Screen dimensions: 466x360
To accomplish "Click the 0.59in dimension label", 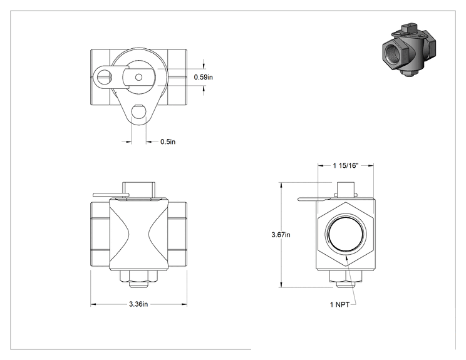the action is point(204,77).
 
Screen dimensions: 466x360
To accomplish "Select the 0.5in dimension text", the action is point(168,141).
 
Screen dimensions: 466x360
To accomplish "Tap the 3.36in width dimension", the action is point(138,304).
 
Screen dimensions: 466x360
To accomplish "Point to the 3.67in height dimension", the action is point(281,235).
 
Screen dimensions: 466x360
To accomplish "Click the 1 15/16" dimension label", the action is point(346,165).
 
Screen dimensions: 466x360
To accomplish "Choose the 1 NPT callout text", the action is point(339,304).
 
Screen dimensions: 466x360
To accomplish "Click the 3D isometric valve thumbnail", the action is point(409,49).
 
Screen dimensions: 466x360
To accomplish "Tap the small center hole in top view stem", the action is point(139,77).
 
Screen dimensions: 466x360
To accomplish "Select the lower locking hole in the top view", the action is point(138,111).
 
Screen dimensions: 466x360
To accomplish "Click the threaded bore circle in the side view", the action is point(346,234).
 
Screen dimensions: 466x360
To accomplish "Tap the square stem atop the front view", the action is point(139,190).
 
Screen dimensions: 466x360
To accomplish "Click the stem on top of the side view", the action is point(346,189).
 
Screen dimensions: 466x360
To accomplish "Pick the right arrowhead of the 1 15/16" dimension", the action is point(371,165).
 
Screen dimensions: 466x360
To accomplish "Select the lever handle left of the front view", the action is point(111,195).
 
